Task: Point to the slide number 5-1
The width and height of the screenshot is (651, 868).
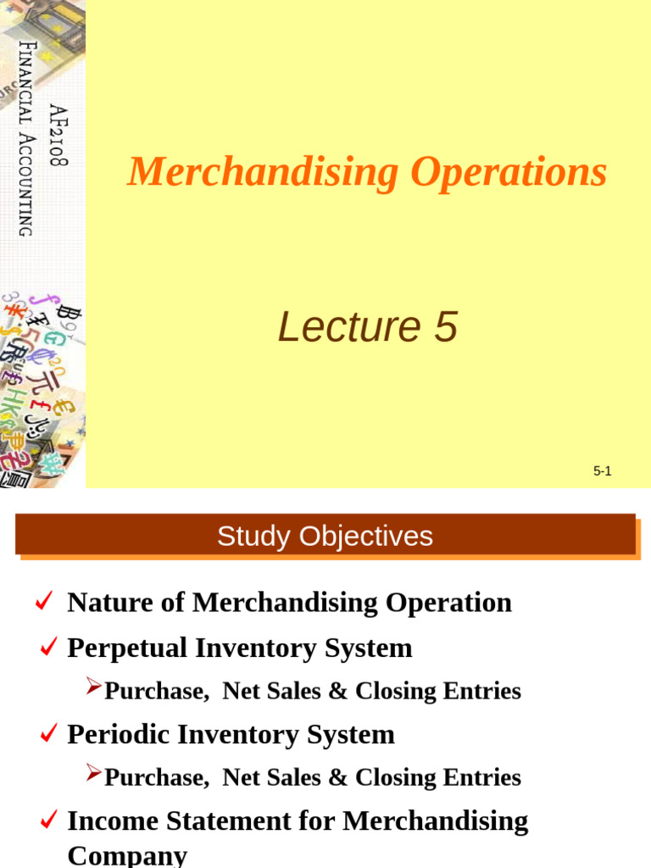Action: point(602,471)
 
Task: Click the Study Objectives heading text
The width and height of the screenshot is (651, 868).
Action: point(325,537)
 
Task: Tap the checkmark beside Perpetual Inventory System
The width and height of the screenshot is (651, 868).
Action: point(49,648)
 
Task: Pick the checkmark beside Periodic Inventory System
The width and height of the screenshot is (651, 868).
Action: point(49,734)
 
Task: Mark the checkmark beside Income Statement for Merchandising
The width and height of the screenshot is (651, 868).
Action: point(49,820)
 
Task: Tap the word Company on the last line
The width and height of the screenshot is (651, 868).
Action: point(127,854)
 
